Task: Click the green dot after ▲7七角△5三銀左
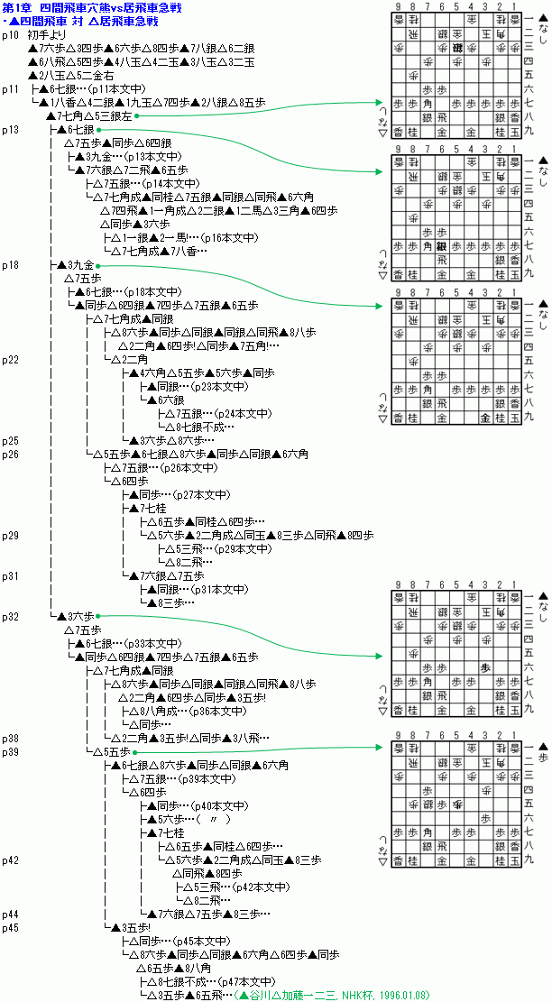click(x=136, y=116)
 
